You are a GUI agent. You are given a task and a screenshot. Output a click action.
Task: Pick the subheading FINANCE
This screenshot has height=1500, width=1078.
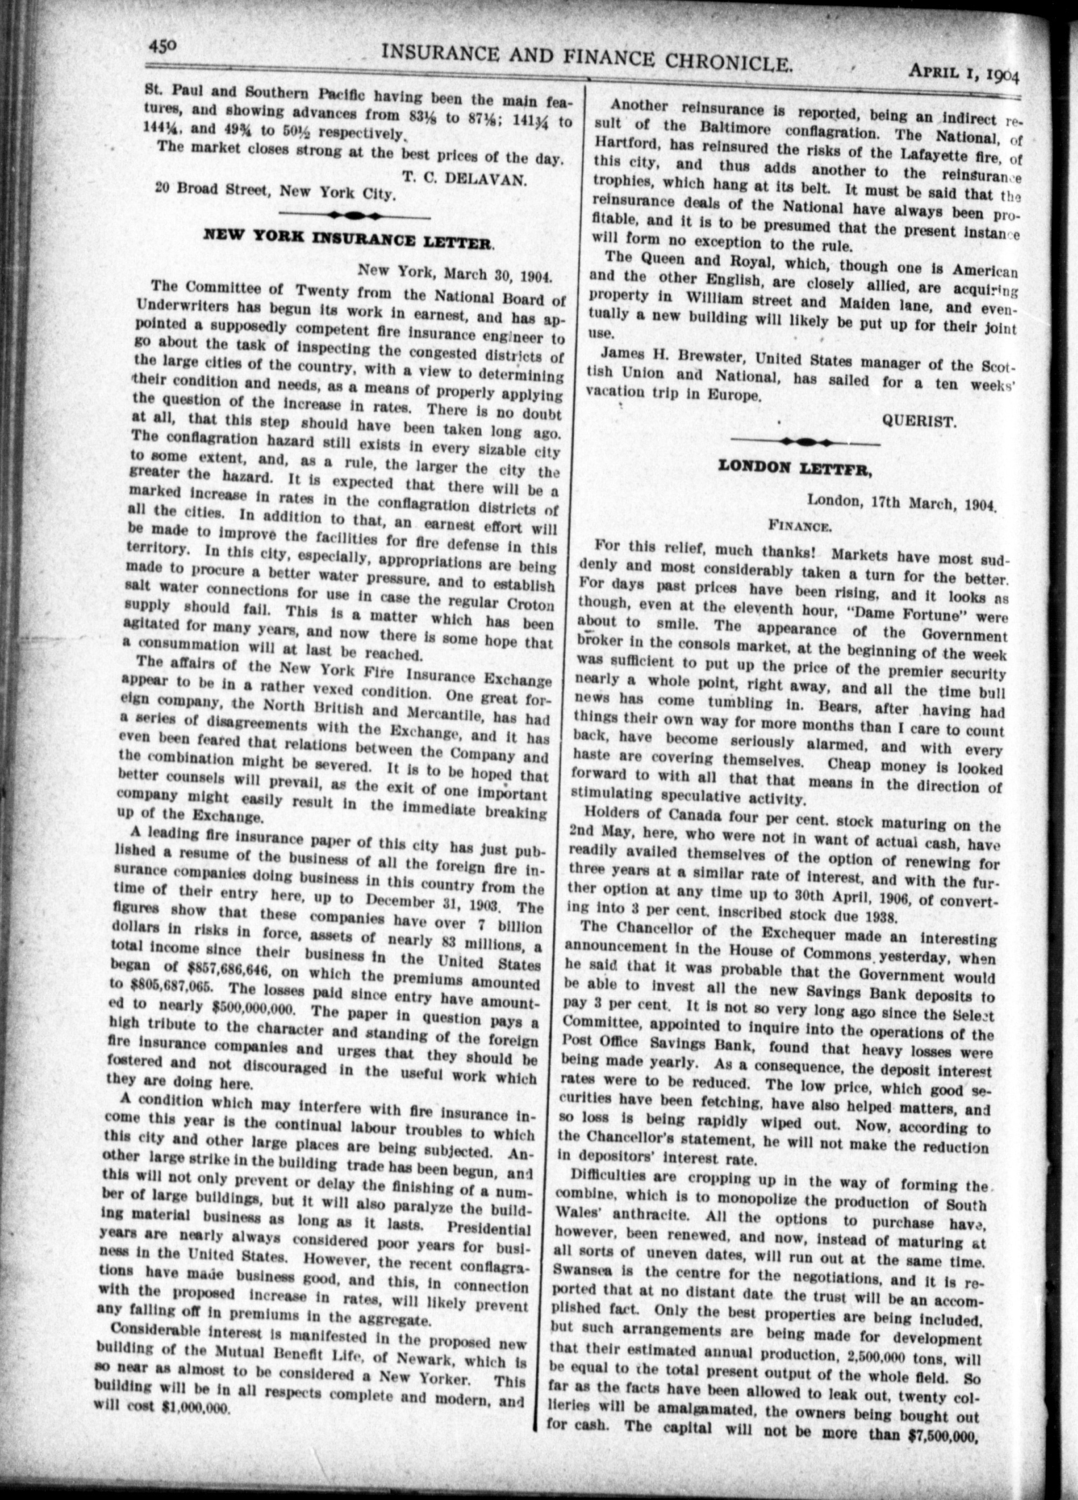799,526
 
